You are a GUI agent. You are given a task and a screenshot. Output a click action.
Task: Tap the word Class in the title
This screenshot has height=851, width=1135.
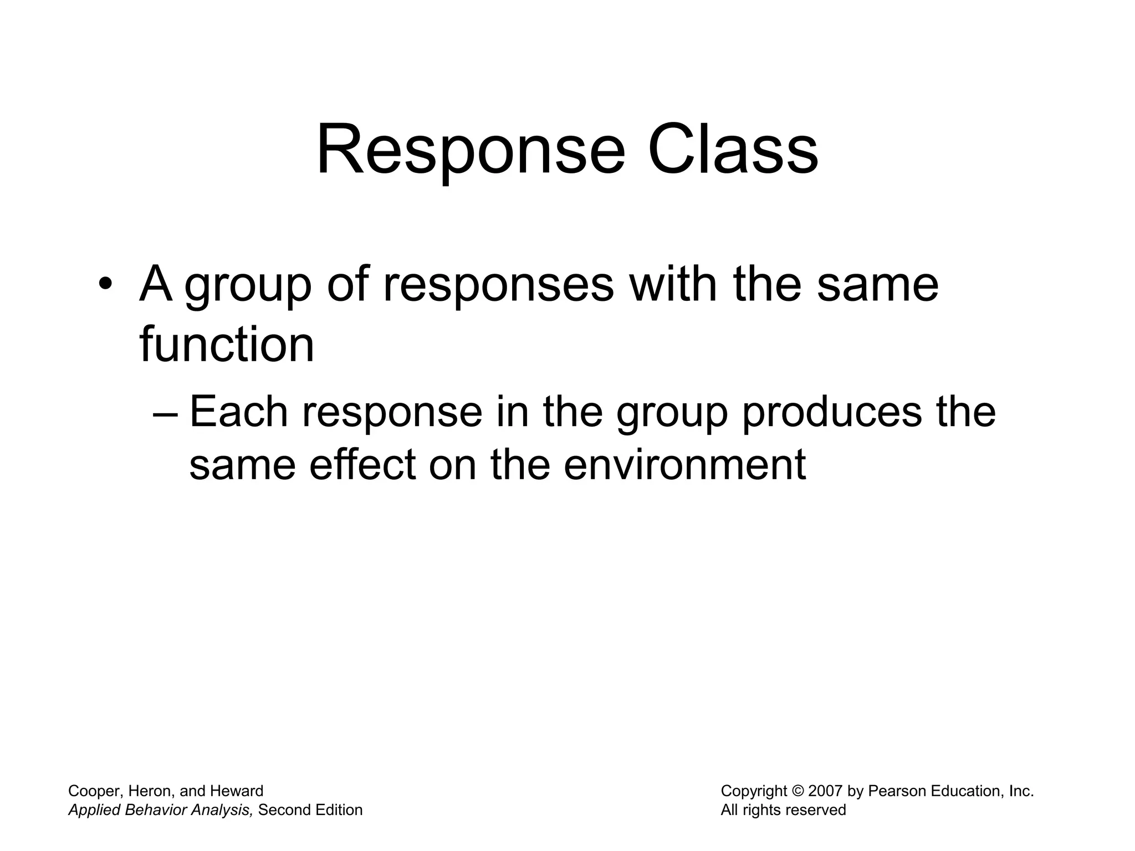coord(733,151)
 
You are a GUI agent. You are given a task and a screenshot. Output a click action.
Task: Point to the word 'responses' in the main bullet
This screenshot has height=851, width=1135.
coord(498,285)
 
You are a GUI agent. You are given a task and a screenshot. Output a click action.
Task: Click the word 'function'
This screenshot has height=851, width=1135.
coord(227,345)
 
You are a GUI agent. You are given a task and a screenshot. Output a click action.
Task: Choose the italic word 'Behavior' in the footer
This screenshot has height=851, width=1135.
coord(157,810)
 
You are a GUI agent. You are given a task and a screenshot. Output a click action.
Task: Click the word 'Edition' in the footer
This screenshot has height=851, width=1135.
coord(339,810)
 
